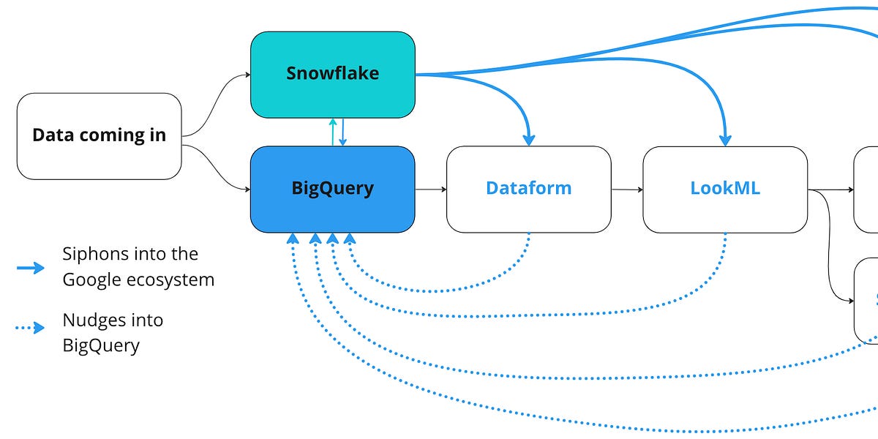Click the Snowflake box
pyautogui.click(x=333, y=74)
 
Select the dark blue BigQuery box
pyautogui.click(x=333, y=189)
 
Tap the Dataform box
pyautogui.click(x=528, y=189)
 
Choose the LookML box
pyautogui.click(x=724, y=189)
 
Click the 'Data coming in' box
pyautogui.click(x=99, y=135)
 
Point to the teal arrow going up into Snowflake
pyautogui.click(x=333, y=132)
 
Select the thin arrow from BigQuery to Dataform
pyautogui.click(x=431, y=190)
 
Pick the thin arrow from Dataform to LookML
pyautogui.click(x=627, y=190)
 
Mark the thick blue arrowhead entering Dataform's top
pyautogui.click(x=529, y=139)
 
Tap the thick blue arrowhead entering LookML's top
pyautogui.click(x=725, y=139)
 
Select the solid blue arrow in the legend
pyautogui.click(x=31, y=268)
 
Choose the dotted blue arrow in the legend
pyautogui.click(x=31, y=328)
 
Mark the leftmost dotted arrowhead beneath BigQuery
pyautogui.click(x=293, y=239)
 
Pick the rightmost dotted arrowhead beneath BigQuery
pyautogui.click(x=350, y=239)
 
